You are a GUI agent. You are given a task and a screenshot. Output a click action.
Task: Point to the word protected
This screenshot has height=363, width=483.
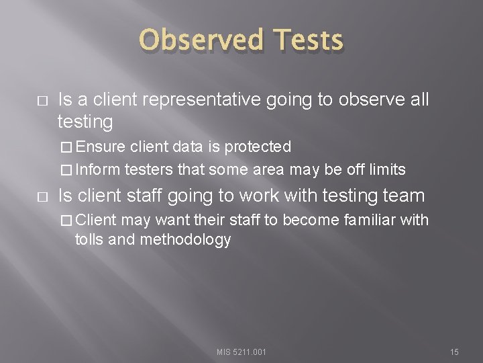258,146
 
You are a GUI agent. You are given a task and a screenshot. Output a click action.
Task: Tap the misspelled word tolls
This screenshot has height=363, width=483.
89,239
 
